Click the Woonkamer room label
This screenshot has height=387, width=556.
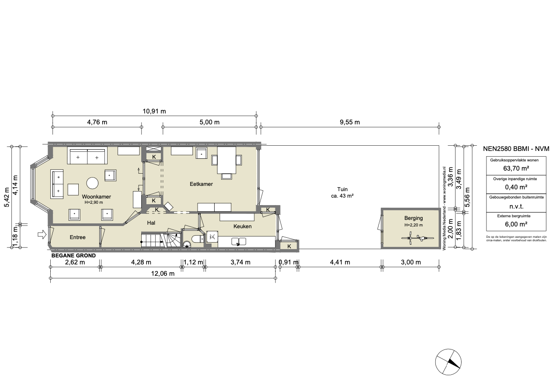(96, 197)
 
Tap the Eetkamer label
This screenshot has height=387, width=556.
(201, 184)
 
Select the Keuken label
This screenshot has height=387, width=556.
(242, 226)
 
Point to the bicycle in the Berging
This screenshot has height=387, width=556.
(417, 238)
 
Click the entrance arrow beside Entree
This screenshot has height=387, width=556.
(42, 234)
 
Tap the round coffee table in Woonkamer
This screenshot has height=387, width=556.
(92, 183)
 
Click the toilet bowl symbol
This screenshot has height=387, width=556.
(198, 239)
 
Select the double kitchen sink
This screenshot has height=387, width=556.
(239, 241)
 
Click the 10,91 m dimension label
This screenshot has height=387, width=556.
(154, 111)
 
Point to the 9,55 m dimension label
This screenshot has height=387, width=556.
(350, 122)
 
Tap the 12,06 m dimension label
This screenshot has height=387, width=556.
(163, 274)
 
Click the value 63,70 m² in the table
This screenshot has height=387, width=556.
(516, 168)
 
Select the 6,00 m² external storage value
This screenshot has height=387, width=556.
(516, 224)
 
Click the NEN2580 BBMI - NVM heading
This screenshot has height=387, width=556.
(516, 149)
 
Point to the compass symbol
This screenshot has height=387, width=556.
(448, 362)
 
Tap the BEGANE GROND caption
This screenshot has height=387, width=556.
(73, 256)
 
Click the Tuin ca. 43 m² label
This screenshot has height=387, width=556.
(342, 192)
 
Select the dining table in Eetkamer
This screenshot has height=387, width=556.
(226, 160)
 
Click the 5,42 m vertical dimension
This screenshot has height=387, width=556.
(7, 197)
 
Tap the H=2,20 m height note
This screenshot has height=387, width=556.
(414, 225)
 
